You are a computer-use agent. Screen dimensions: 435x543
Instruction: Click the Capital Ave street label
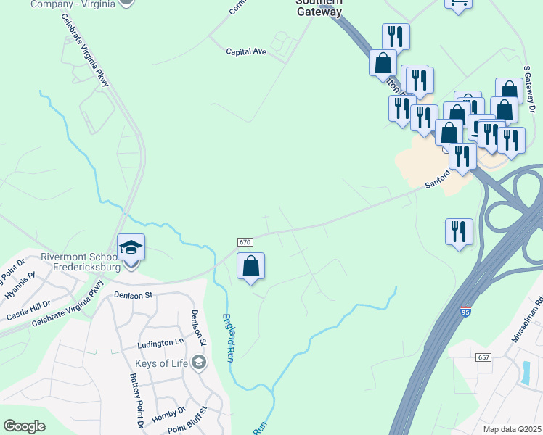click(x=245, y=51)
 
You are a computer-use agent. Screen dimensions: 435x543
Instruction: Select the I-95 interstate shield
click(x=465, y=312)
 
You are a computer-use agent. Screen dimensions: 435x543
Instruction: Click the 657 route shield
click(x=485, y=358)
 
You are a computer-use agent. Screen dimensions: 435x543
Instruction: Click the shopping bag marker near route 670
click(x=250, y=266)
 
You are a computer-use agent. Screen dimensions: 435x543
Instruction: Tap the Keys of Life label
click(x=160, y=362)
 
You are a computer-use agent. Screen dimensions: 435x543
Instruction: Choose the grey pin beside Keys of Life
click(x=199, y=362)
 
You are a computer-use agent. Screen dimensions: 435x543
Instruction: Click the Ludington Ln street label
click(x=159, y=342)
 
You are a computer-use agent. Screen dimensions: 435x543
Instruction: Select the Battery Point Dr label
click(x=134, y=401)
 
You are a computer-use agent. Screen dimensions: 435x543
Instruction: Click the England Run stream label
click(x=229, y=336)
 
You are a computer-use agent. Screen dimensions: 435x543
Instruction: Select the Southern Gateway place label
click(x=319, y=7)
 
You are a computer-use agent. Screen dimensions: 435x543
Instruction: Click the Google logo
click(x=24, y=426)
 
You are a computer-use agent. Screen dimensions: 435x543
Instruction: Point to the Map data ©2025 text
click(x=512, y=429)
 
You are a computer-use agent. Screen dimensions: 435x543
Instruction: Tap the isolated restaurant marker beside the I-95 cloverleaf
click(x=459, y=232)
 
